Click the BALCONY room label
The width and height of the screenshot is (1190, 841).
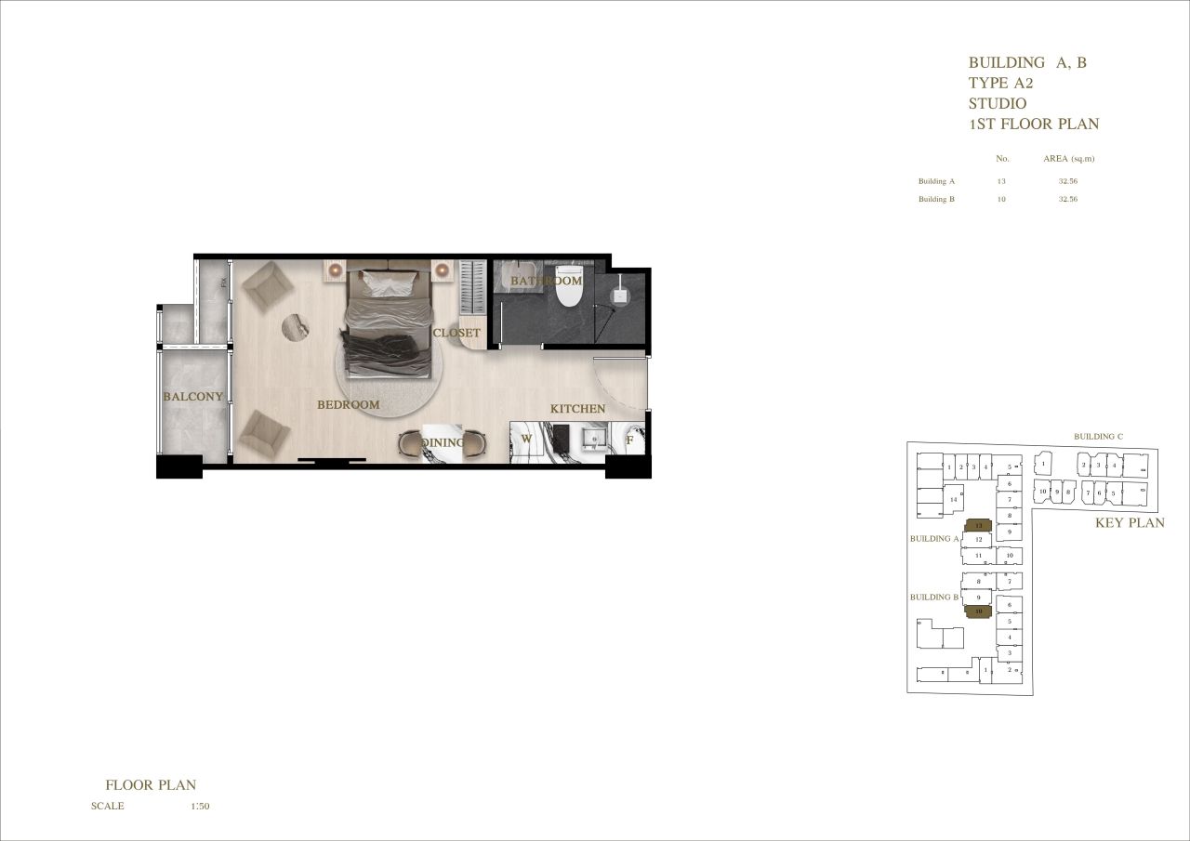click(x=193, y=397)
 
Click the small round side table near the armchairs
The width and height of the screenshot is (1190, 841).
click(x=298, y=325)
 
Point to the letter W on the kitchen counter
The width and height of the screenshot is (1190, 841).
click(x=526, y=440)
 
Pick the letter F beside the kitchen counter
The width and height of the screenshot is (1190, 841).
click(x=630, y=440)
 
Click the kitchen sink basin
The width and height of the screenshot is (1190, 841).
click(x=594, y=439)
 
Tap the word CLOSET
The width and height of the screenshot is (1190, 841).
click(x=456, y=333)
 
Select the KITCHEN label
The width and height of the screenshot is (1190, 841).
click(x=577, y=409)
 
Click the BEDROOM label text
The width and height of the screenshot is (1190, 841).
click(x=349, y=405)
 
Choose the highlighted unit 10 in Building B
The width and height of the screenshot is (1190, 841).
click(x=979, y=611)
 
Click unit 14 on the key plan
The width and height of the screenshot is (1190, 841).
click(x=953, y=500)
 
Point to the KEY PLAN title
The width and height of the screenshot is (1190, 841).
click(x=1130, y=523)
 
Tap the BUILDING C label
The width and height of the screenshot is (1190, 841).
click(x=1098, y=437)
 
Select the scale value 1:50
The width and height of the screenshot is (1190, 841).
click(x=200, y=807)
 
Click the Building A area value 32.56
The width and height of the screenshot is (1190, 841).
click(x=1067, y=181)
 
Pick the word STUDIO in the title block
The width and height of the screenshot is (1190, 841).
click(x=998, y=103)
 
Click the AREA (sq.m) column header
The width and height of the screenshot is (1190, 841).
click(x=1067, y=159)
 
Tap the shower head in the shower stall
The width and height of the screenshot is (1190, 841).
click(x=618, y=295)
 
